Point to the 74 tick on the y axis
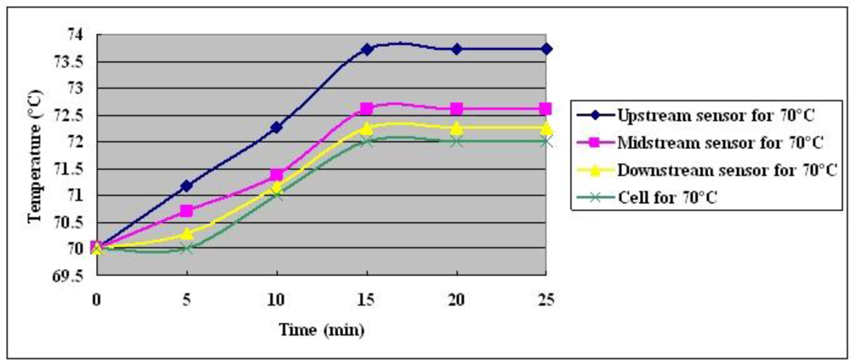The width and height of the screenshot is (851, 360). [x=76, y=35]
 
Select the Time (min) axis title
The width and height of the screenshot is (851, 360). [x=321, y=329]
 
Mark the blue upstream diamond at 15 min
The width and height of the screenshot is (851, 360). [x=367, y=49]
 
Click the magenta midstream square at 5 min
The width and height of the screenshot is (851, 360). [x=186, y=210]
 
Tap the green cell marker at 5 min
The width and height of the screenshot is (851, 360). [x=186, y=249]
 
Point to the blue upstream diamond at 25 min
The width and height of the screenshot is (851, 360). [x=546, y=49]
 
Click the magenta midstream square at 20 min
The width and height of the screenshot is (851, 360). [x=457, y=109]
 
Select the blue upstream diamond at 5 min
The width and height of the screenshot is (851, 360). [x=186, y=185]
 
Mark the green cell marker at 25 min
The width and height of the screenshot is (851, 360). [x=546, y=140]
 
